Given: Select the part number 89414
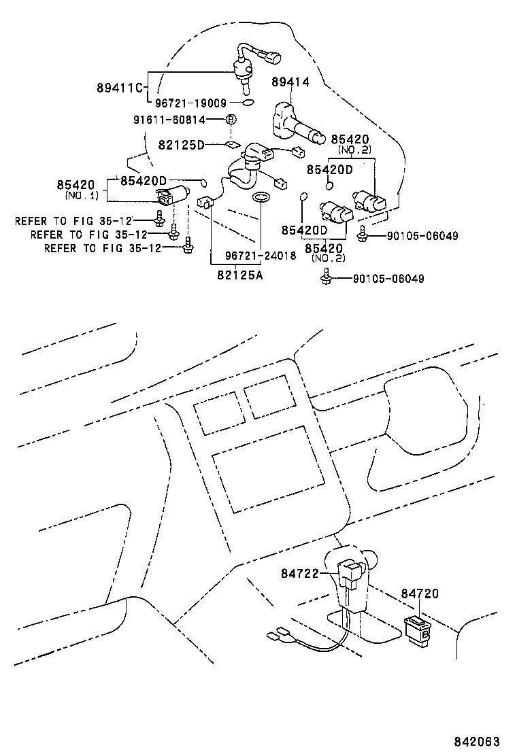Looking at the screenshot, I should click(290, 82).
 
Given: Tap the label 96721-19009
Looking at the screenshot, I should click(190, 103).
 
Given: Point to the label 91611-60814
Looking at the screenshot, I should click(177, 120).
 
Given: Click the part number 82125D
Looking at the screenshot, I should click(181, 145).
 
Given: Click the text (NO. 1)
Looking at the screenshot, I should click(82, 195).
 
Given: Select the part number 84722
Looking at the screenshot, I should click(299, 574).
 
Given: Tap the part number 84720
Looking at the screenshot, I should click(420, 594).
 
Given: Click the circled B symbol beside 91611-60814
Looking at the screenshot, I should click(231, 120).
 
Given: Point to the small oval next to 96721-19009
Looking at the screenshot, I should click(248, 103).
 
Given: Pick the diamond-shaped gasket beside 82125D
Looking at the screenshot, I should click(231, 144).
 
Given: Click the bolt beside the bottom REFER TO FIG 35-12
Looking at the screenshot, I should click(187, 247).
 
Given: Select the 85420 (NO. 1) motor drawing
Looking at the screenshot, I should click(172, 196).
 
